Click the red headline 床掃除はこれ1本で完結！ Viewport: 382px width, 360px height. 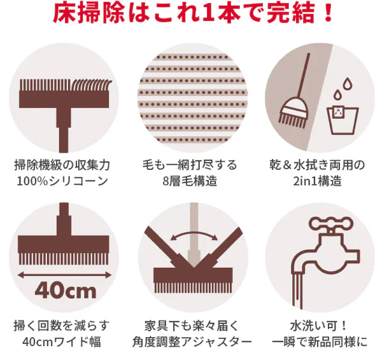(x=193, y=13)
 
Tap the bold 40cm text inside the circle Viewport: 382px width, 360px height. (x=66, y=291)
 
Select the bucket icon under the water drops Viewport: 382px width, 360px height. (x=343, y=120)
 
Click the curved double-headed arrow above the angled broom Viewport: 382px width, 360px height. (x=194, y=233)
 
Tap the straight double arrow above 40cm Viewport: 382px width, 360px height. (x=64, y=275)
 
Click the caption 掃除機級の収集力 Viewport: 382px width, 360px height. (x=62, y=165)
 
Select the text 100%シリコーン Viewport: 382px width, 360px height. (x=62, y=181)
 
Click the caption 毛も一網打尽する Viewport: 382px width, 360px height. (x=190, y=165)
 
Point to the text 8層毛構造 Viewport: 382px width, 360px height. (x=190, y=181)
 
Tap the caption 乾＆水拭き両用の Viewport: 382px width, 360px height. (x=317, y=165)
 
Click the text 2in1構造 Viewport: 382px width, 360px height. (x=317, y=181)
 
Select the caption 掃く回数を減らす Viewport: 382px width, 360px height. (x=61, y=326)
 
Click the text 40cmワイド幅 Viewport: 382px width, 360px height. (x=62, y=342)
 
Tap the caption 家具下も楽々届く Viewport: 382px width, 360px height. (x=191, y=326)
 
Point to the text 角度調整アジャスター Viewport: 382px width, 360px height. (x=192, y=342)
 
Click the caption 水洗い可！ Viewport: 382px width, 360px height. (x=318, y=326)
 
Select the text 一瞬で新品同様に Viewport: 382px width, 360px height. (x=320, y=342)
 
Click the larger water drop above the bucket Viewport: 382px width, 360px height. (x=348, y=83)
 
